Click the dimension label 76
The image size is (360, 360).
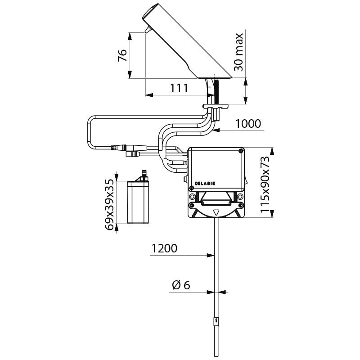click(x=122, y=55)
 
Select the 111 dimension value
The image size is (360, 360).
click(x=179, y=88)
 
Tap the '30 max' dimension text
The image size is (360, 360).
click(x=238, y=52)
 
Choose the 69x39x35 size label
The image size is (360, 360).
click(x=109, y=204)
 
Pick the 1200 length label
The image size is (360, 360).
click(x=164, y=248)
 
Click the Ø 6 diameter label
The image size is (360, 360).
click(x=181, y=285)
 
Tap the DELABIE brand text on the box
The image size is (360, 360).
click(x=205, y=184)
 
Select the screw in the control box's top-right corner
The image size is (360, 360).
click(x=241, y=151)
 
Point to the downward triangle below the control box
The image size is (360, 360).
click(x=216, y=212)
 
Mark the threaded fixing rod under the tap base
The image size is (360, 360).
click(x=216, y=91)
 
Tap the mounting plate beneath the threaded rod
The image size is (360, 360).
click(x=216, y=106)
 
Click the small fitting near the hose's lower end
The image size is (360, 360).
click(x=216, y=321)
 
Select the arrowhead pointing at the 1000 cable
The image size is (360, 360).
click(x=216, y=130)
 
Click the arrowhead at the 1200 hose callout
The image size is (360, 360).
click(x=211, y=255)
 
